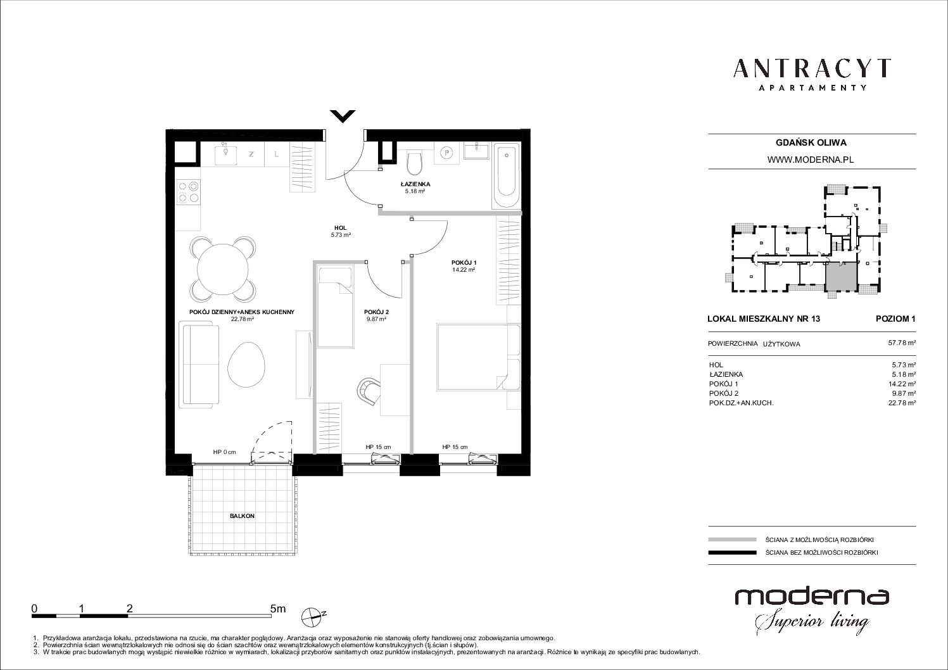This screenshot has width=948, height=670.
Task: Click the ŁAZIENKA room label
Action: pos(415,184)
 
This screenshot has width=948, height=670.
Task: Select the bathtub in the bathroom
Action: pos(506,177)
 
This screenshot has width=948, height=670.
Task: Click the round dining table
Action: pos(223,269)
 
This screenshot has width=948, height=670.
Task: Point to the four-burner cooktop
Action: pos(188,192)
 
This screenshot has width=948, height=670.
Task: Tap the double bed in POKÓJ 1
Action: pos(478,357)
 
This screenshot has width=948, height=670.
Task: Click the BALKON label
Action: pos(242,516)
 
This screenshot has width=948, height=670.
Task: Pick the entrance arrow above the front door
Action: pos(343,116)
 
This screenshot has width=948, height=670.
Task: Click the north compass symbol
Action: pos(313,616)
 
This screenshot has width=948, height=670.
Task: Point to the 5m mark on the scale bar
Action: pos(278,609)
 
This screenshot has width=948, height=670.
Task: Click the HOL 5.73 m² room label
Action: pos(341,231)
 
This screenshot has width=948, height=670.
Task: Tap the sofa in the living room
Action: pos(199,364)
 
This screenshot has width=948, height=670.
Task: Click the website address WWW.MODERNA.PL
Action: pos(811,160)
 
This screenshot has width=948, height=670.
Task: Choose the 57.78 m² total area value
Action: pos(902,343)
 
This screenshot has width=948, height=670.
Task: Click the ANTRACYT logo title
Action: pos(812,68)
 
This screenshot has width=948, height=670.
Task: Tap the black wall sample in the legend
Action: pos(732,552)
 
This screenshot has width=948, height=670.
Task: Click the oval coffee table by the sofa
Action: pos(246,363)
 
